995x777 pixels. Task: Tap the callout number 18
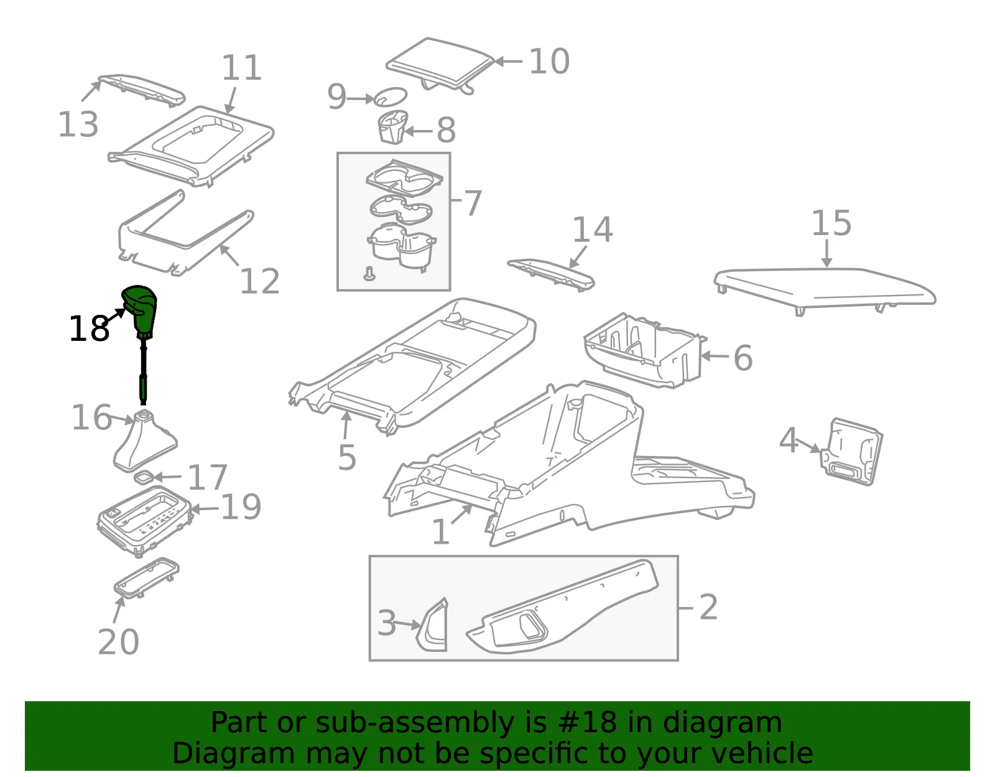point(89,328)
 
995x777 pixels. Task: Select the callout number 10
point(549,61)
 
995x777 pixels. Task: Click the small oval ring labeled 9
point(391,96)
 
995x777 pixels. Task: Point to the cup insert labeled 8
point(392,127)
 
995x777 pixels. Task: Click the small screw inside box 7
point(369,274)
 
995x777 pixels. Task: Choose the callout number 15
point(831,223)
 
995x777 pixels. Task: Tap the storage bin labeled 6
point(646,350)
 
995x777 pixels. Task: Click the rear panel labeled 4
point(851,452)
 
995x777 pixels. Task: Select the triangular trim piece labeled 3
point(432,625)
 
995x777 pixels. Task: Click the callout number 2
point(708,607)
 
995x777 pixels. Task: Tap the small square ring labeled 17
point(143,478)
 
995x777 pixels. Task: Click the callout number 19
point(241,507)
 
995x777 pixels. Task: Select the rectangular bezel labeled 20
point(147,578)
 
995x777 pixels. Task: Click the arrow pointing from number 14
point(578,257)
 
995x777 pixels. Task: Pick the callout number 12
point(259,281)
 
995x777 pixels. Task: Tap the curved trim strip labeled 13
point(142,90)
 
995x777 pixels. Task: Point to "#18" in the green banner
point(588,722)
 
